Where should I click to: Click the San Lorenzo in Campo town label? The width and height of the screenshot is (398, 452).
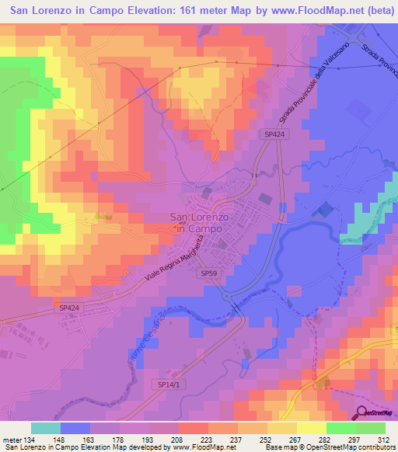(196, 224)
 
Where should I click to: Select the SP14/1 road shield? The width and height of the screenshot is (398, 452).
(162, 384)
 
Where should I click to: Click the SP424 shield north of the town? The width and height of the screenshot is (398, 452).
(271, 134)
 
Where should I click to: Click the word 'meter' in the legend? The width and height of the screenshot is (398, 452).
(12, 440)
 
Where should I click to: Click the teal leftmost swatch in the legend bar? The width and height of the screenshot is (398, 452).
(46, 428)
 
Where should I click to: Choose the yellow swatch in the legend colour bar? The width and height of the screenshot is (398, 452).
(282, 428)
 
